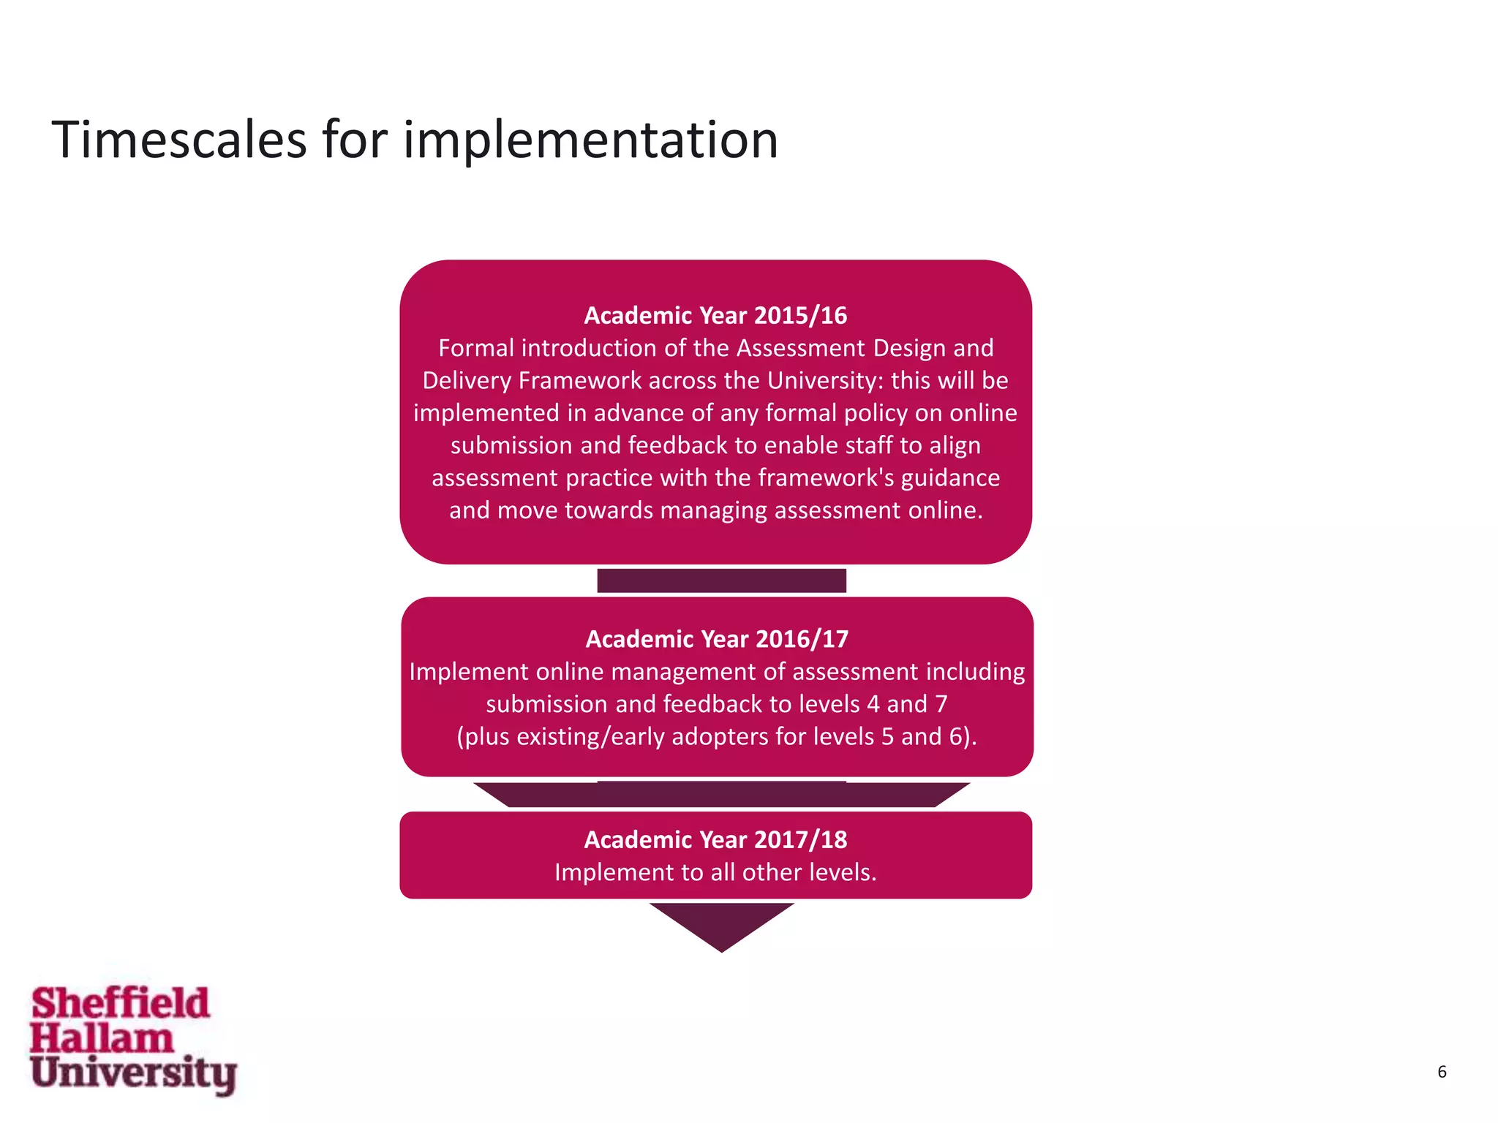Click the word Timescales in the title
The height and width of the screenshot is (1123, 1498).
tap(179, 140)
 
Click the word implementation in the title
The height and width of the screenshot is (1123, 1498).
tap(590, 140)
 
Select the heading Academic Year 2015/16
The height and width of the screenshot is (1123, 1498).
tap(715, 315)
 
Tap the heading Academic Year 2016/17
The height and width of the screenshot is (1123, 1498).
tap(717, 639)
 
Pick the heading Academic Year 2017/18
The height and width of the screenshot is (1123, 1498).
tap(715, 839)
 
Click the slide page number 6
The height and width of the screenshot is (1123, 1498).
tap(1442, 1072)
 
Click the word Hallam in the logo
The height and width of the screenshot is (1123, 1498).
tap(102, 1038)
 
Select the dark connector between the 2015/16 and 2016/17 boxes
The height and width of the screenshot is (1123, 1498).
tap(721, 581)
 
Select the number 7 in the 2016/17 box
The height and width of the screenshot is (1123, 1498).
tap(941, 703)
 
